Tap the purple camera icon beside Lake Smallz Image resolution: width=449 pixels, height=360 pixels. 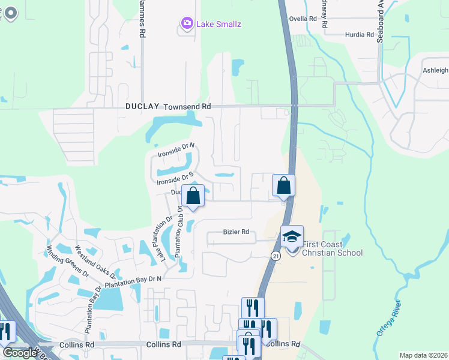pos(187,24)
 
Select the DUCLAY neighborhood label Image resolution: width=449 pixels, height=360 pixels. pos(142,106)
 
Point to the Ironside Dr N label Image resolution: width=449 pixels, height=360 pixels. pos(176,150)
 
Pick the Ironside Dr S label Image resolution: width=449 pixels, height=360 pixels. pos(175,178)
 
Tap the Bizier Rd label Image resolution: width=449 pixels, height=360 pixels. pos(236,232)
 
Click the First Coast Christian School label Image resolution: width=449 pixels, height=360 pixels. pos(332,248)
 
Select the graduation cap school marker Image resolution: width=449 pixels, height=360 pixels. pos(292,237)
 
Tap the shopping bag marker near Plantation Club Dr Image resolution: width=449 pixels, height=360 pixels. pos(193,196)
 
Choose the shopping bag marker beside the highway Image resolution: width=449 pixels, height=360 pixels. pos(284,185)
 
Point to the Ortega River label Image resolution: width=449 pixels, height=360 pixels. pos(390,325)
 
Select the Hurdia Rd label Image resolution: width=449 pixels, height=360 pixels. pos(360,35)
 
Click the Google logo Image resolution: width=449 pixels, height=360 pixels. pos(20,353)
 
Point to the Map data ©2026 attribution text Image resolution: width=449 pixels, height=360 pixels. pos(423,355)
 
